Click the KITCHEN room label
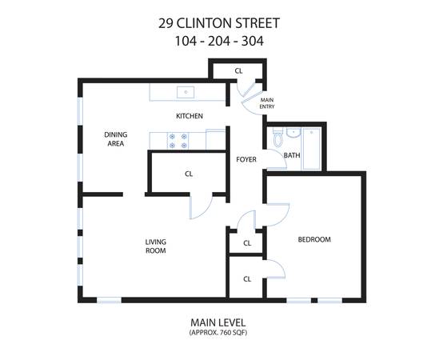pyautogui.click(x=190, y=116)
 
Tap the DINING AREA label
pyautogui.click(x=116, y=138)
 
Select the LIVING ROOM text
pyautogui.click(x=155, y=246)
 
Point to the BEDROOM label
pyautogui.click(x=314, y=239)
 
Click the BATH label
pyautogui.click(x=292, y=155)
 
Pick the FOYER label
pyautogui.click(x=246, y=159)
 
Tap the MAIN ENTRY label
pyautogui.click(x=267, y=103)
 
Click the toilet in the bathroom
pyautogui.click(x=277, y=137)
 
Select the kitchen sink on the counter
pyautogui.click(x=186, y=92)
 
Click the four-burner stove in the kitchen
pyautogui.click(x=178, y=141)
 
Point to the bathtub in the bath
pyautogui.click(x=311, y=149)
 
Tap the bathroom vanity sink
pyautogui.click(x=293, y=133)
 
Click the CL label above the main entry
pyautogui.click(x=238, y=71)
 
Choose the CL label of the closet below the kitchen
pyautogui.click(x=189, y=174)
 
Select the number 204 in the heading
pyautogui.click(x=219, y=42)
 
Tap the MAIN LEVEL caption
pyautogui.click(x=218, y=322)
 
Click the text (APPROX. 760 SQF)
pyautogui.click(x=218, y=332)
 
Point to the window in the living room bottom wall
pyautogui.click(x=109, y=300)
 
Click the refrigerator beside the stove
pyautogui.click(x=216, y=139)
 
